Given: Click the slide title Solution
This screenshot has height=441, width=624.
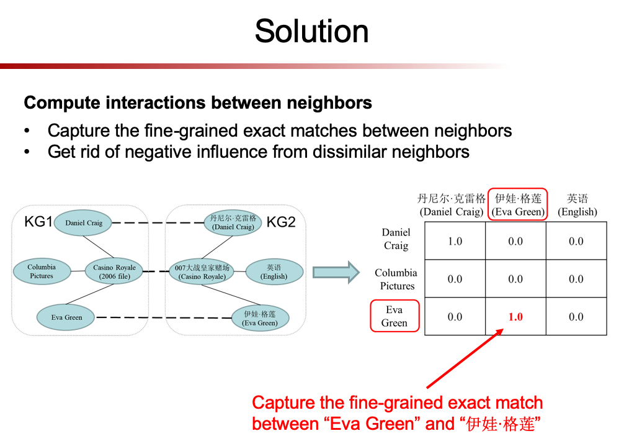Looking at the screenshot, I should click(x=311, y=32).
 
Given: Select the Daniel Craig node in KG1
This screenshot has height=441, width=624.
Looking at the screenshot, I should click(x=83, y=223).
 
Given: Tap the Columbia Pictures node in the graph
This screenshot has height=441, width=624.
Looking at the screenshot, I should click(x=42, y=271).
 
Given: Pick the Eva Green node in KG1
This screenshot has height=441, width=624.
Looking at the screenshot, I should click(x=67, y=317).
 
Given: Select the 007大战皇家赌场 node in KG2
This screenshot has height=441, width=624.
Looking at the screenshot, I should click(x=202, y=272).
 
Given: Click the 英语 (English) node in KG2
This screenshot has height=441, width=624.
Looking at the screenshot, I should click(x=274, y=272).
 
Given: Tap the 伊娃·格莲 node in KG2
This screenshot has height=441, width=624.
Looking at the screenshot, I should click(x=259, y=319).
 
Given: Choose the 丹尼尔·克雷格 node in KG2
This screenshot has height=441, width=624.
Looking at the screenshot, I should click(x=233, y=223).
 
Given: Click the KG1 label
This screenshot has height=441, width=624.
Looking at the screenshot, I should click(x=38, y=222).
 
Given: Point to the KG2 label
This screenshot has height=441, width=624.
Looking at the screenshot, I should click(x=281, y=222).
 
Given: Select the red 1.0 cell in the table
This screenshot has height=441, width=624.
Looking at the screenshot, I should click(x=515, y=317).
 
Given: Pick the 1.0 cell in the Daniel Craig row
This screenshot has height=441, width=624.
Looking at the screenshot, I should click(x=455, y=241).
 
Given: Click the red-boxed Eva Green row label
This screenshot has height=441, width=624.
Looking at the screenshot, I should click(x=394, y=316).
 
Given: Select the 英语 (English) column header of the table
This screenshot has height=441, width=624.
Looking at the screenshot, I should click(x=577, y=205).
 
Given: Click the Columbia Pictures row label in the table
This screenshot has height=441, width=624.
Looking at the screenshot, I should click(x=396, y=279).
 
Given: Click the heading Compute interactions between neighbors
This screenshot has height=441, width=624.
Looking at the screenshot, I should click(x=198, y=102).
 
